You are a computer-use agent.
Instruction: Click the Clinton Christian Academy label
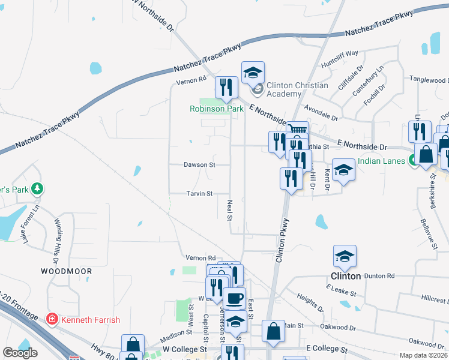click(x=297, y=89)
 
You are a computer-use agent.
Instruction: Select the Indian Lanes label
click(x=381, y=161)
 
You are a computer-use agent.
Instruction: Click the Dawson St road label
click(x=199, y=164)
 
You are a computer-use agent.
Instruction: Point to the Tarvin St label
click(x=199, y=194)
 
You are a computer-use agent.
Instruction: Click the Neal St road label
click(x=229, y=210)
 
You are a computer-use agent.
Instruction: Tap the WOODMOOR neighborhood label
click(x=66, y=271)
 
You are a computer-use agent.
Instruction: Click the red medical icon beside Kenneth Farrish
click(x=52, y=319)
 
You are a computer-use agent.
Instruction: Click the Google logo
click(x=20, y=353)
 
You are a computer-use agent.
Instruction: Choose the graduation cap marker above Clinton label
click(x=345, y=256)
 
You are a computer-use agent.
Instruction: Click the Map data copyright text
click(x=424, y=355)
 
